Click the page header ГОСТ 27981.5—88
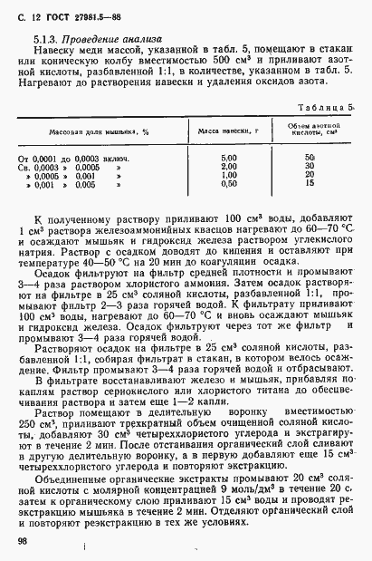tap(67, 18)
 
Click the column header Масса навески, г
tap(228, 131)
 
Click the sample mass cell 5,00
tap(228, 159)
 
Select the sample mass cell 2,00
tap(228, 167)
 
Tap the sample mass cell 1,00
tap(228, 175)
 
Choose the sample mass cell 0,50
tap(228, 183)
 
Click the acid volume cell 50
tap(310, 159)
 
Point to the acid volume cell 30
tap(310, 167)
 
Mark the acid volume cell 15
tap(310, 183)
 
